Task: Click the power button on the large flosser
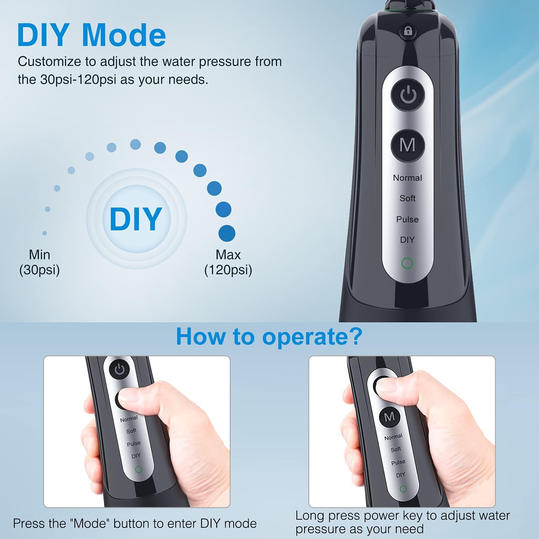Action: pyautogui.click(x=408, y=95)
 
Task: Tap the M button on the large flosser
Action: pyautogui.click(x=407, y=145)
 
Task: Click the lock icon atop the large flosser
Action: pyautogui.click(x=408, y=31)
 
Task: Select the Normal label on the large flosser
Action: pyautogui.click(x=407, y=178)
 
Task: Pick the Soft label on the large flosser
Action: pyautogui.click(x=407, y=198)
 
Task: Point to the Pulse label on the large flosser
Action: pyautogui.click(x=407, y=219)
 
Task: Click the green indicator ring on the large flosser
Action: pyautogui.click(x=407, y=263)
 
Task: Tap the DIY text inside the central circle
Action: pyautogui.click(x=136, y=219)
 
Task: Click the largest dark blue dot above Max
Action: pyautogui.click(x=227, y=234)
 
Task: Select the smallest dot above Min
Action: pyautogui.click(x=45, y=233)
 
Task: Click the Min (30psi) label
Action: pyautogui.click(x=40, y=262)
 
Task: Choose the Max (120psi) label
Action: pyautogui.click(x=228, y=262)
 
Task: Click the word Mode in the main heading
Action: pyautogui.click(x=124, y=35)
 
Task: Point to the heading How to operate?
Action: pyautogui.click(x=269, y=337)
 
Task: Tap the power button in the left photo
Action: pyautogui.click(x=119, y=370)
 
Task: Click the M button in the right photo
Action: pyautogui.click(x=390, y=417)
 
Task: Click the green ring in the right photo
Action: pyautogui.click(x=403, y=489)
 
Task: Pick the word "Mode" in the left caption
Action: pyautogui.click(x=90, y=524)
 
